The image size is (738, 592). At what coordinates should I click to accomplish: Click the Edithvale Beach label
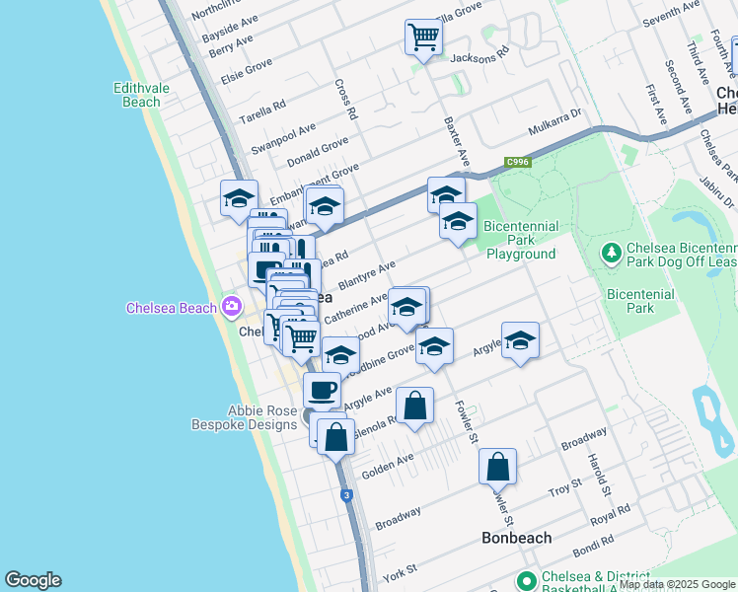pyautogui.click(x=136, y=95)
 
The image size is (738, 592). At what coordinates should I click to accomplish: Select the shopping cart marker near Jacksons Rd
pyautogui.click(x=423, y=38)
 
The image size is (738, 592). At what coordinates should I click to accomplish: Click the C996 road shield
pyautogui.click(x=517, y=162)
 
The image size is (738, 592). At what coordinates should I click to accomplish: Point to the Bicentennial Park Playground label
pyautogui.click(x=521, y=240)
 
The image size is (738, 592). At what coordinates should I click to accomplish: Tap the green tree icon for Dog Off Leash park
pyautogui.click(x=611, y=254)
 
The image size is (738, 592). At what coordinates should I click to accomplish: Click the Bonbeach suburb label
pyautogui.click(x=516, y=538)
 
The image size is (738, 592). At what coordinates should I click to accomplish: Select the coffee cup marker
pyautogui.click(x=322, y=391)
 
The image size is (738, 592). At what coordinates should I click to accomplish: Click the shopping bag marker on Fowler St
pyautogui.click(x=497, y=467)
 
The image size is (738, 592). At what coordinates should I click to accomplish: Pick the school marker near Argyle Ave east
pyautogui.click(x=520, y=341)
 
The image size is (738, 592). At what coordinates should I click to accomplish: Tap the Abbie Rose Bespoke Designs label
pyautogui.click(x=249, y=417)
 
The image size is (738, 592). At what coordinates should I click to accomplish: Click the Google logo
pyautogui.click(x=33, y=580)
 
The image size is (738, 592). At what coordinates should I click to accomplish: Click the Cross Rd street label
pyautogui.click(x=344, y=100)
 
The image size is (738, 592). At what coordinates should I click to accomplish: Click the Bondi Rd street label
pyautogui.click(x=593, y=541)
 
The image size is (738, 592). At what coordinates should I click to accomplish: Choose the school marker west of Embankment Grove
pyautogui.click(x=239, y=199)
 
